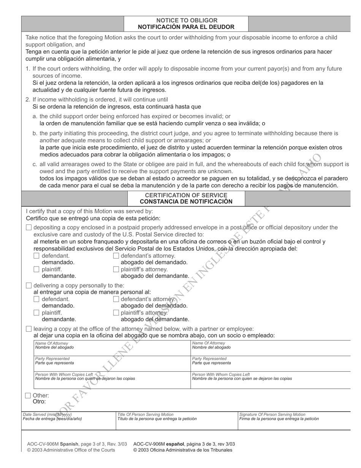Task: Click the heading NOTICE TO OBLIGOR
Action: pyautogui.click(x=187, y=20)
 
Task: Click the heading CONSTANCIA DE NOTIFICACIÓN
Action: pyautogui.click(x=186, y=202)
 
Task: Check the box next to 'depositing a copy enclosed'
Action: pyautogui.click(x=29, y=228)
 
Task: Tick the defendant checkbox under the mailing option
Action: pyautogui.click(x=36, y=256)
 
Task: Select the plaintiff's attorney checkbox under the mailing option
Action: pyautogui.click(x=116, y=269)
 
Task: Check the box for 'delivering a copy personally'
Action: pyautogui.click(x=29, y=285)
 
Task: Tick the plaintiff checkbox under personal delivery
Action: pyautogui.click(x=36, y=313)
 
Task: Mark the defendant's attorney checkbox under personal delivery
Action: pyautogui.click(x=116, y=299)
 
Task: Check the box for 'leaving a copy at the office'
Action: pyautogui.click(x=29, y=329)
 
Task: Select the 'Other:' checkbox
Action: pyautogui.click(x=28, y=395)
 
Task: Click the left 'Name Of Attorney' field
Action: pyautogui.click(x=112, y=348)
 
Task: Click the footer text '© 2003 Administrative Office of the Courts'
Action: pyautogui.click(x=71, y=450)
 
